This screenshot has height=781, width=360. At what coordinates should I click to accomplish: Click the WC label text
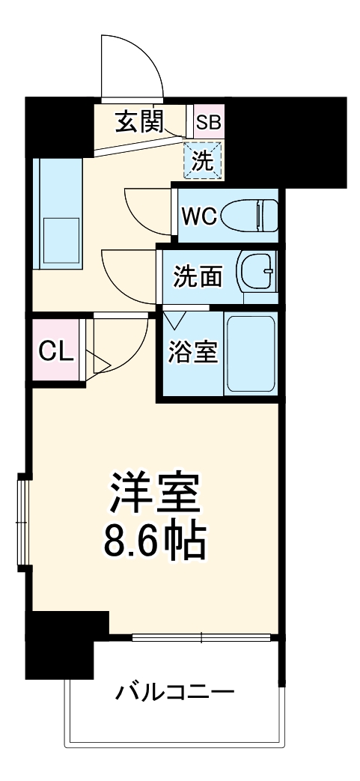199,217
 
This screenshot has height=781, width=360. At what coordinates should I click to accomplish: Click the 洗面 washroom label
198,276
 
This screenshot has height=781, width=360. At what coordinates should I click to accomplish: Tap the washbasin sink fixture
257,274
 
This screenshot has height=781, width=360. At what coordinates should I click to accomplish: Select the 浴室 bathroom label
192,351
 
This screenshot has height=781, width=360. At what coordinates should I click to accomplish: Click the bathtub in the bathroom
251,353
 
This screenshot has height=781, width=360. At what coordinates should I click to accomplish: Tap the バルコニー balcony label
175,690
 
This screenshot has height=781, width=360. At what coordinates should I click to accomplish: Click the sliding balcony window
201,638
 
